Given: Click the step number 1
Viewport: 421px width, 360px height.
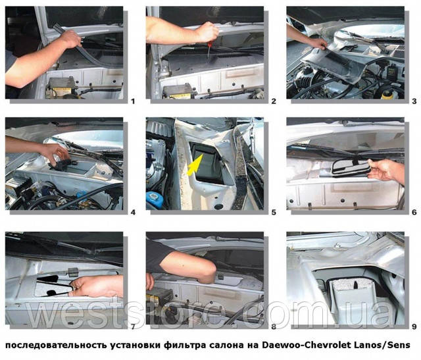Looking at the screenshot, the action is pos(133,101).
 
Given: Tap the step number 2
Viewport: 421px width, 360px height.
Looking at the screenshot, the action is pos(274,101).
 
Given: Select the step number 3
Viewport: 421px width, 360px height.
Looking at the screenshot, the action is pos(414,101).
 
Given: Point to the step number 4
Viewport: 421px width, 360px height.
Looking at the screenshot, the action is pos(133,212).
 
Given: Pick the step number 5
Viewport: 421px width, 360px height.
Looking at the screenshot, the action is pos(274,212).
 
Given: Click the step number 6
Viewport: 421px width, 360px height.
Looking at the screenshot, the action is pos(414,212).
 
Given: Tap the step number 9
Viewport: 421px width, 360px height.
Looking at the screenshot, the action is pos(414,326).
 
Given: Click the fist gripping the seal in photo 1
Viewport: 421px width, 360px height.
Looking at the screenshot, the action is pos(70,39).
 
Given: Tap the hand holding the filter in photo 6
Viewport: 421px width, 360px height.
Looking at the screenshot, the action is pos(384,170).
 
